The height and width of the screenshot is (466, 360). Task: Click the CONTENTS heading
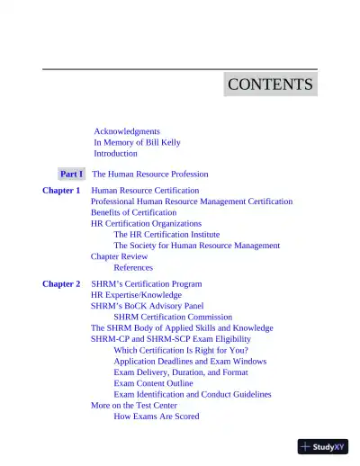270,85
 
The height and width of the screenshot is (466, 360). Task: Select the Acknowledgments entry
127,131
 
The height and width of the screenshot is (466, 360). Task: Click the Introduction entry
115,154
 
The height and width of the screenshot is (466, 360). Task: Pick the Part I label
72,174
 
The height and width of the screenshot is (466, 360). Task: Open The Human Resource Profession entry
150,174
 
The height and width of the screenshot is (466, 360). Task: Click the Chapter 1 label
61,191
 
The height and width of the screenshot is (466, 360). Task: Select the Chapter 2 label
61,283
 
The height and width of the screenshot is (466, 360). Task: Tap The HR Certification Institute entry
173,234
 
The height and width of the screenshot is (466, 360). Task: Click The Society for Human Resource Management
196,245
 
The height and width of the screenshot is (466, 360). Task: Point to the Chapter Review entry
120,256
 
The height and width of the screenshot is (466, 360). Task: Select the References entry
133,267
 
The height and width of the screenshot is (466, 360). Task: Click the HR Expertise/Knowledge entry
136,295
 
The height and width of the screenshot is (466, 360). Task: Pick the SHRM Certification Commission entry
173,317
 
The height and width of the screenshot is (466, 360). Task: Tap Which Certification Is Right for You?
181,350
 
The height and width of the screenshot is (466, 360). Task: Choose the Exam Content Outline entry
160,383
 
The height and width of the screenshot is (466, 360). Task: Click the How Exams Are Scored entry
157,417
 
